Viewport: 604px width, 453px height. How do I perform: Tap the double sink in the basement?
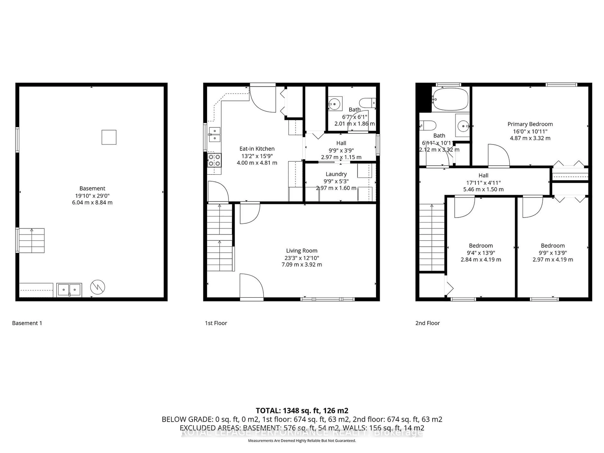69,290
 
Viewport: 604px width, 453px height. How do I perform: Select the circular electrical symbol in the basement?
98,287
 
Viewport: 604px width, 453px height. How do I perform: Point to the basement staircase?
31,240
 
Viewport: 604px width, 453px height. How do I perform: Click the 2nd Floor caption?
427,323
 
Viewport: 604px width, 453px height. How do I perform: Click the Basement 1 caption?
27,323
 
